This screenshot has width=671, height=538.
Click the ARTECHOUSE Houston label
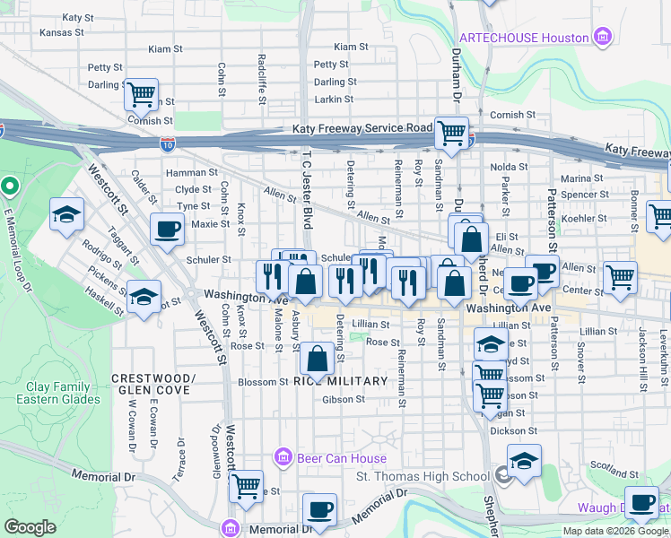(x=524, y=38)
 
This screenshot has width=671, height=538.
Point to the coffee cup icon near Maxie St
(x=168, y=229)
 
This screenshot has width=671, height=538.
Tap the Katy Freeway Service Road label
(x=362, y=129)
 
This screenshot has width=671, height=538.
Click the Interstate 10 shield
(x=168, y=143)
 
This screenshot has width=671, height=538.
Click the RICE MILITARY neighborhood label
(x=340, y=381)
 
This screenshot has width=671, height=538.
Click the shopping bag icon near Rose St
(x=318, y=359)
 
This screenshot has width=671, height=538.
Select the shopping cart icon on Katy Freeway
(x=452, y=133)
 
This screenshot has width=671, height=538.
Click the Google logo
(x=30, y=527)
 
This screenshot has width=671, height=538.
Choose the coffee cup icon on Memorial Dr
(x=318, y=509)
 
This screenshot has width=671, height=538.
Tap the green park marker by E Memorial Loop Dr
(x=10, y=187)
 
